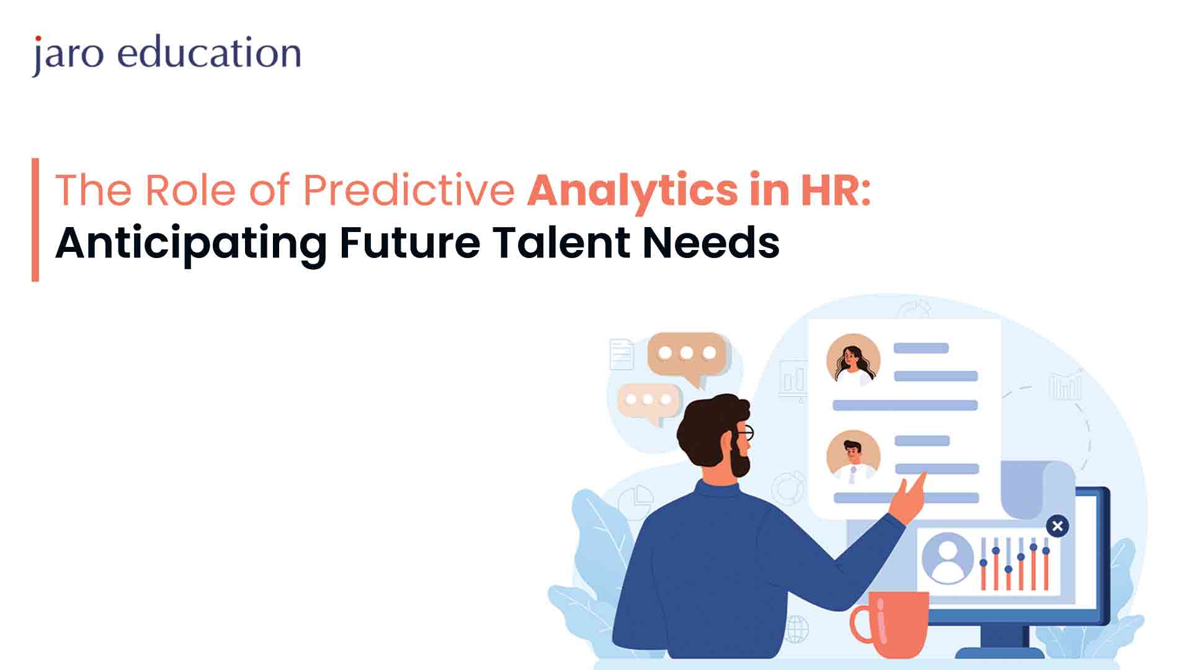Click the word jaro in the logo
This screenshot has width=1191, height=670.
[x=68, y=55]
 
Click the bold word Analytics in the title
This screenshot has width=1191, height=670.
[x=633, y=190]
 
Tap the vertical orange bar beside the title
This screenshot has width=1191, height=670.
[x=35, y=220]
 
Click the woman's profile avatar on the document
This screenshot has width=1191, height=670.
[x=854, y=360]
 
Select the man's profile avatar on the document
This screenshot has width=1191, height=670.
[x=854, y=457]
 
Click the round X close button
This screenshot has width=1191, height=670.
[x=1058, y=526]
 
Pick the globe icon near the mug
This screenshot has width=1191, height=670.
[x=796, y=628]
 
